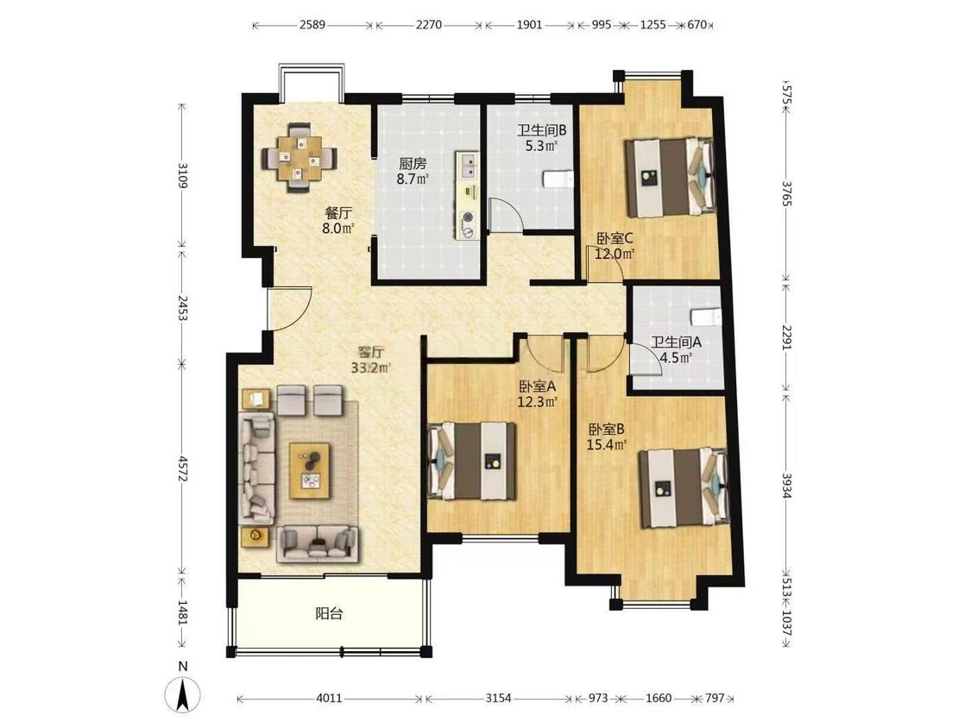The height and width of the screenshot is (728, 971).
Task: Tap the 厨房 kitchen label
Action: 413,164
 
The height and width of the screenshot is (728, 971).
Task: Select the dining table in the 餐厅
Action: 299,158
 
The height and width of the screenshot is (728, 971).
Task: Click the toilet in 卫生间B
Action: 558,179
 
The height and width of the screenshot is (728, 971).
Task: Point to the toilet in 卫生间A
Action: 707,317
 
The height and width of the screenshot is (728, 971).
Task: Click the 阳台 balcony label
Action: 329,614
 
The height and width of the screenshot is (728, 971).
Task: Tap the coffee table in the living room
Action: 310,471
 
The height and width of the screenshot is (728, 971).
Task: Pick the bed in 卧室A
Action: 473,461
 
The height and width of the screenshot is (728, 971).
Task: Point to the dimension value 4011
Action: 329,699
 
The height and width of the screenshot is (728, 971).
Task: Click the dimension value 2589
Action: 312,25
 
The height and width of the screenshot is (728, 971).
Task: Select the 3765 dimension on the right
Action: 786,194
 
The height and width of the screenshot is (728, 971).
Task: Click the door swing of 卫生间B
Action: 505,216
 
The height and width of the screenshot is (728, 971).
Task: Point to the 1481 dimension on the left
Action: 182,612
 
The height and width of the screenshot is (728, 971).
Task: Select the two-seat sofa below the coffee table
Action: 318,544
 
